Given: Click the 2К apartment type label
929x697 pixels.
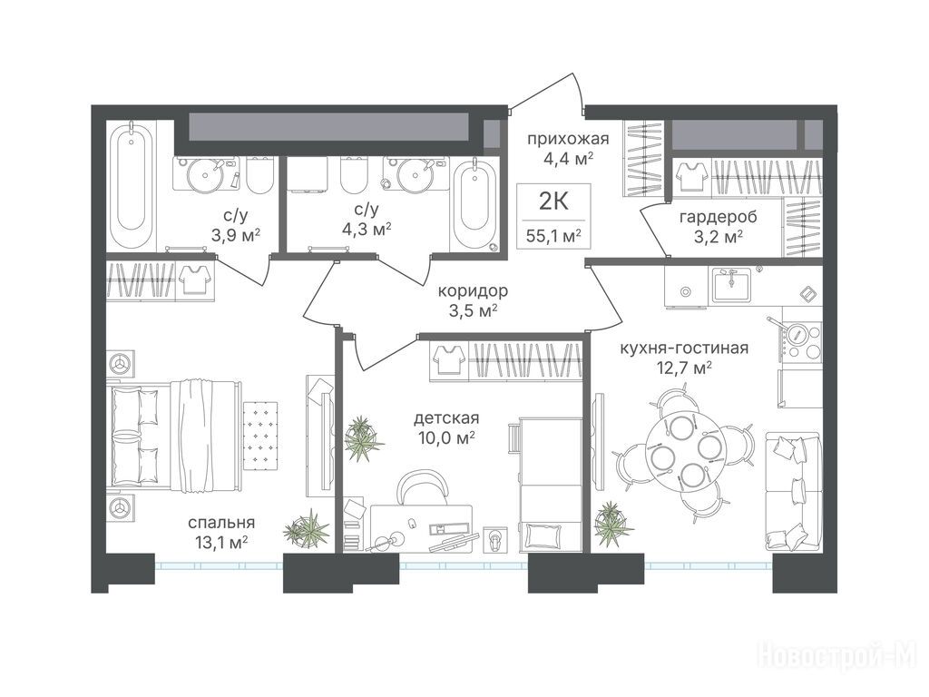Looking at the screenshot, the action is click(x=553, y=201).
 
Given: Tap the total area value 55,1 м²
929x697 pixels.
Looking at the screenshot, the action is click(x=553, y=237).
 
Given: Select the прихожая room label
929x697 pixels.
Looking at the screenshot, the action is click(x=568, y=139).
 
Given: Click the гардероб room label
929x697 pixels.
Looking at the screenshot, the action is click(x=719, y=217).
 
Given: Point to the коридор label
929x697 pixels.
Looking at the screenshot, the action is click(x=473, y=291).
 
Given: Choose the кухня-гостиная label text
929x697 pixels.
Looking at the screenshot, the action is click(x=684, y=348).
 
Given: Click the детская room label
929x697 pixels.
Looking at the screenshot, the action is click(x=446, y=418).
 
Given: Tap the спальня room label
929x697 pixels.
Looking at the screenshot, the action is click(x=221, y=523).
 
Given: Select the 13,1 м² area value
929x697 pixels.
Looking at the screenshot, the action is click(x=218, y=543).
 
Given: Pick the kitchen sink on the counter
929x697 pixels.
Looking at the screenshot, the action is click(x=731, y=285).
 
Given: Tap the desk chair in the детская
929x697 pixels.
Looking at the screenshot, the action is click(x=423, y=487).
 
